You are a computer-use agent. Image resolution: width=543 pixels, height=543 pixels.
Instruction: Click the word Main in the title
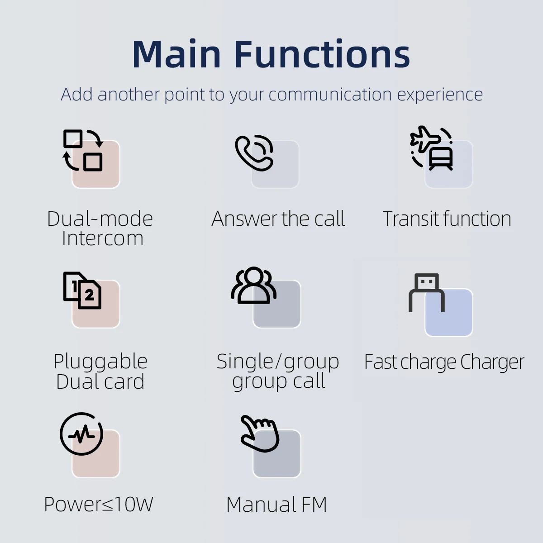click(176, 54)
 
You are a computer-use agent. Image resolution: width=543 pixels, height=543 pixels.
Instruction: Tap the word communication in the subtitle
click(330, 95)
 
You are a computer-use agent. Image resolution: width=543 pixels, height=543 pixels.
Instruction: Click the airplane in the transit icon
click(424, 138)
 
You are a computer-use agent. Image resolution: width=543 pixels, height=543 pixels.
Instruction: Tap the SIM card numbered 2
click(89, 294)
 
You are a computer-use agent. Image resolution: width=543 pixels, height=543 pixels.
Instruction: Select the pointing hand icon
click(260, 434)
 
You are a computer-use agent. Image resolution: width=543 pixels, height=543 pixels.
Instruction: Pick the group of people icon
click(253, 286)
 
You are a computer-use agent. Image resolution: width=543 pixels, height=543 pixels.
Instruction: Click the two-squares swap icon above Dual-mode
click(82, 150)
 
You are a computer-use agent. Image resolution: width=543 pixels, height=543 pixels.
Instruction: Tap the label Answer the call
click(278, 219)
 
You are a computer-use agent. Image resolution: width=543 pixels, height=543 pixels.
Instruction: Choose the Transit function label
click(447, 219)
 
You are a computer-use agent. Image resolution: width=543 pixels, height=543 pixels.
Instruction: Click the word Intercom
click(103, 238)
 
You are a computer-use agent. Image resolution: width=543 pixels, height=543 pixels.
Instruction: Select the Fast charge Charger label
click(444, 362)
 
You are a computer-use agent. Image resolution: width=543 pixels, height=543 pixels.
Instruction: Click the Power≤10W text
click(99, 504)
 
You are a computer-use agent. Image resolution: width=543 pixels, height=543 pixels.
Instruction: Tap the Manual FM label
click(276, 505)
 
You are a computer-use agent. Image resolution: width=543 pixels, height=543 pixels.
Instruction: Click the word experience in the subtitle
click(440, 95)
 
